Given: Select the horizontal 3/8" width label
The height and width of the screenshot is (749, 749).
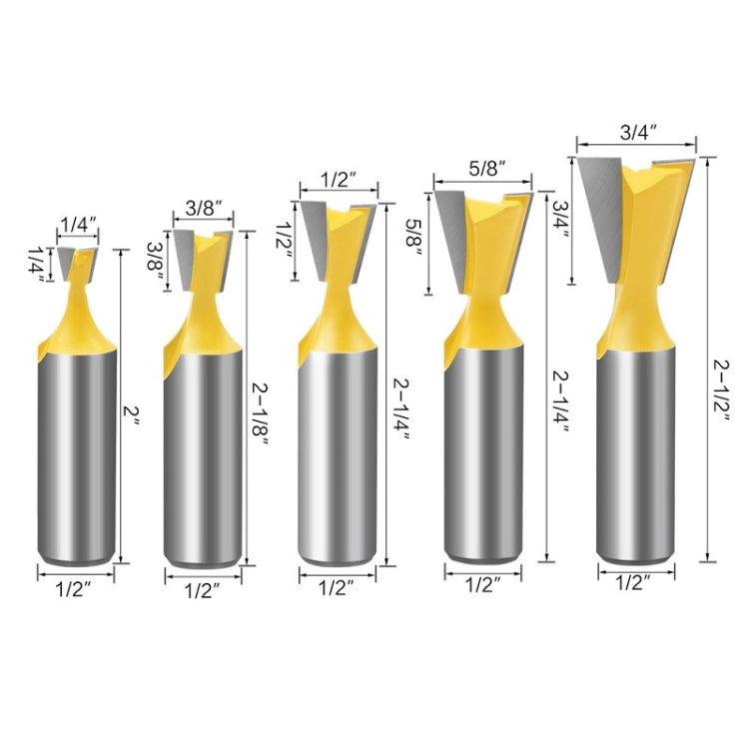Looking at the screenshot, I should tap(204, 209).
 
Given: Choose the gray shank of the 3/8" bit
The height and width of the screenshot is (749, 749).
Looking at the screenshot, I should tap(204, 459).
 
